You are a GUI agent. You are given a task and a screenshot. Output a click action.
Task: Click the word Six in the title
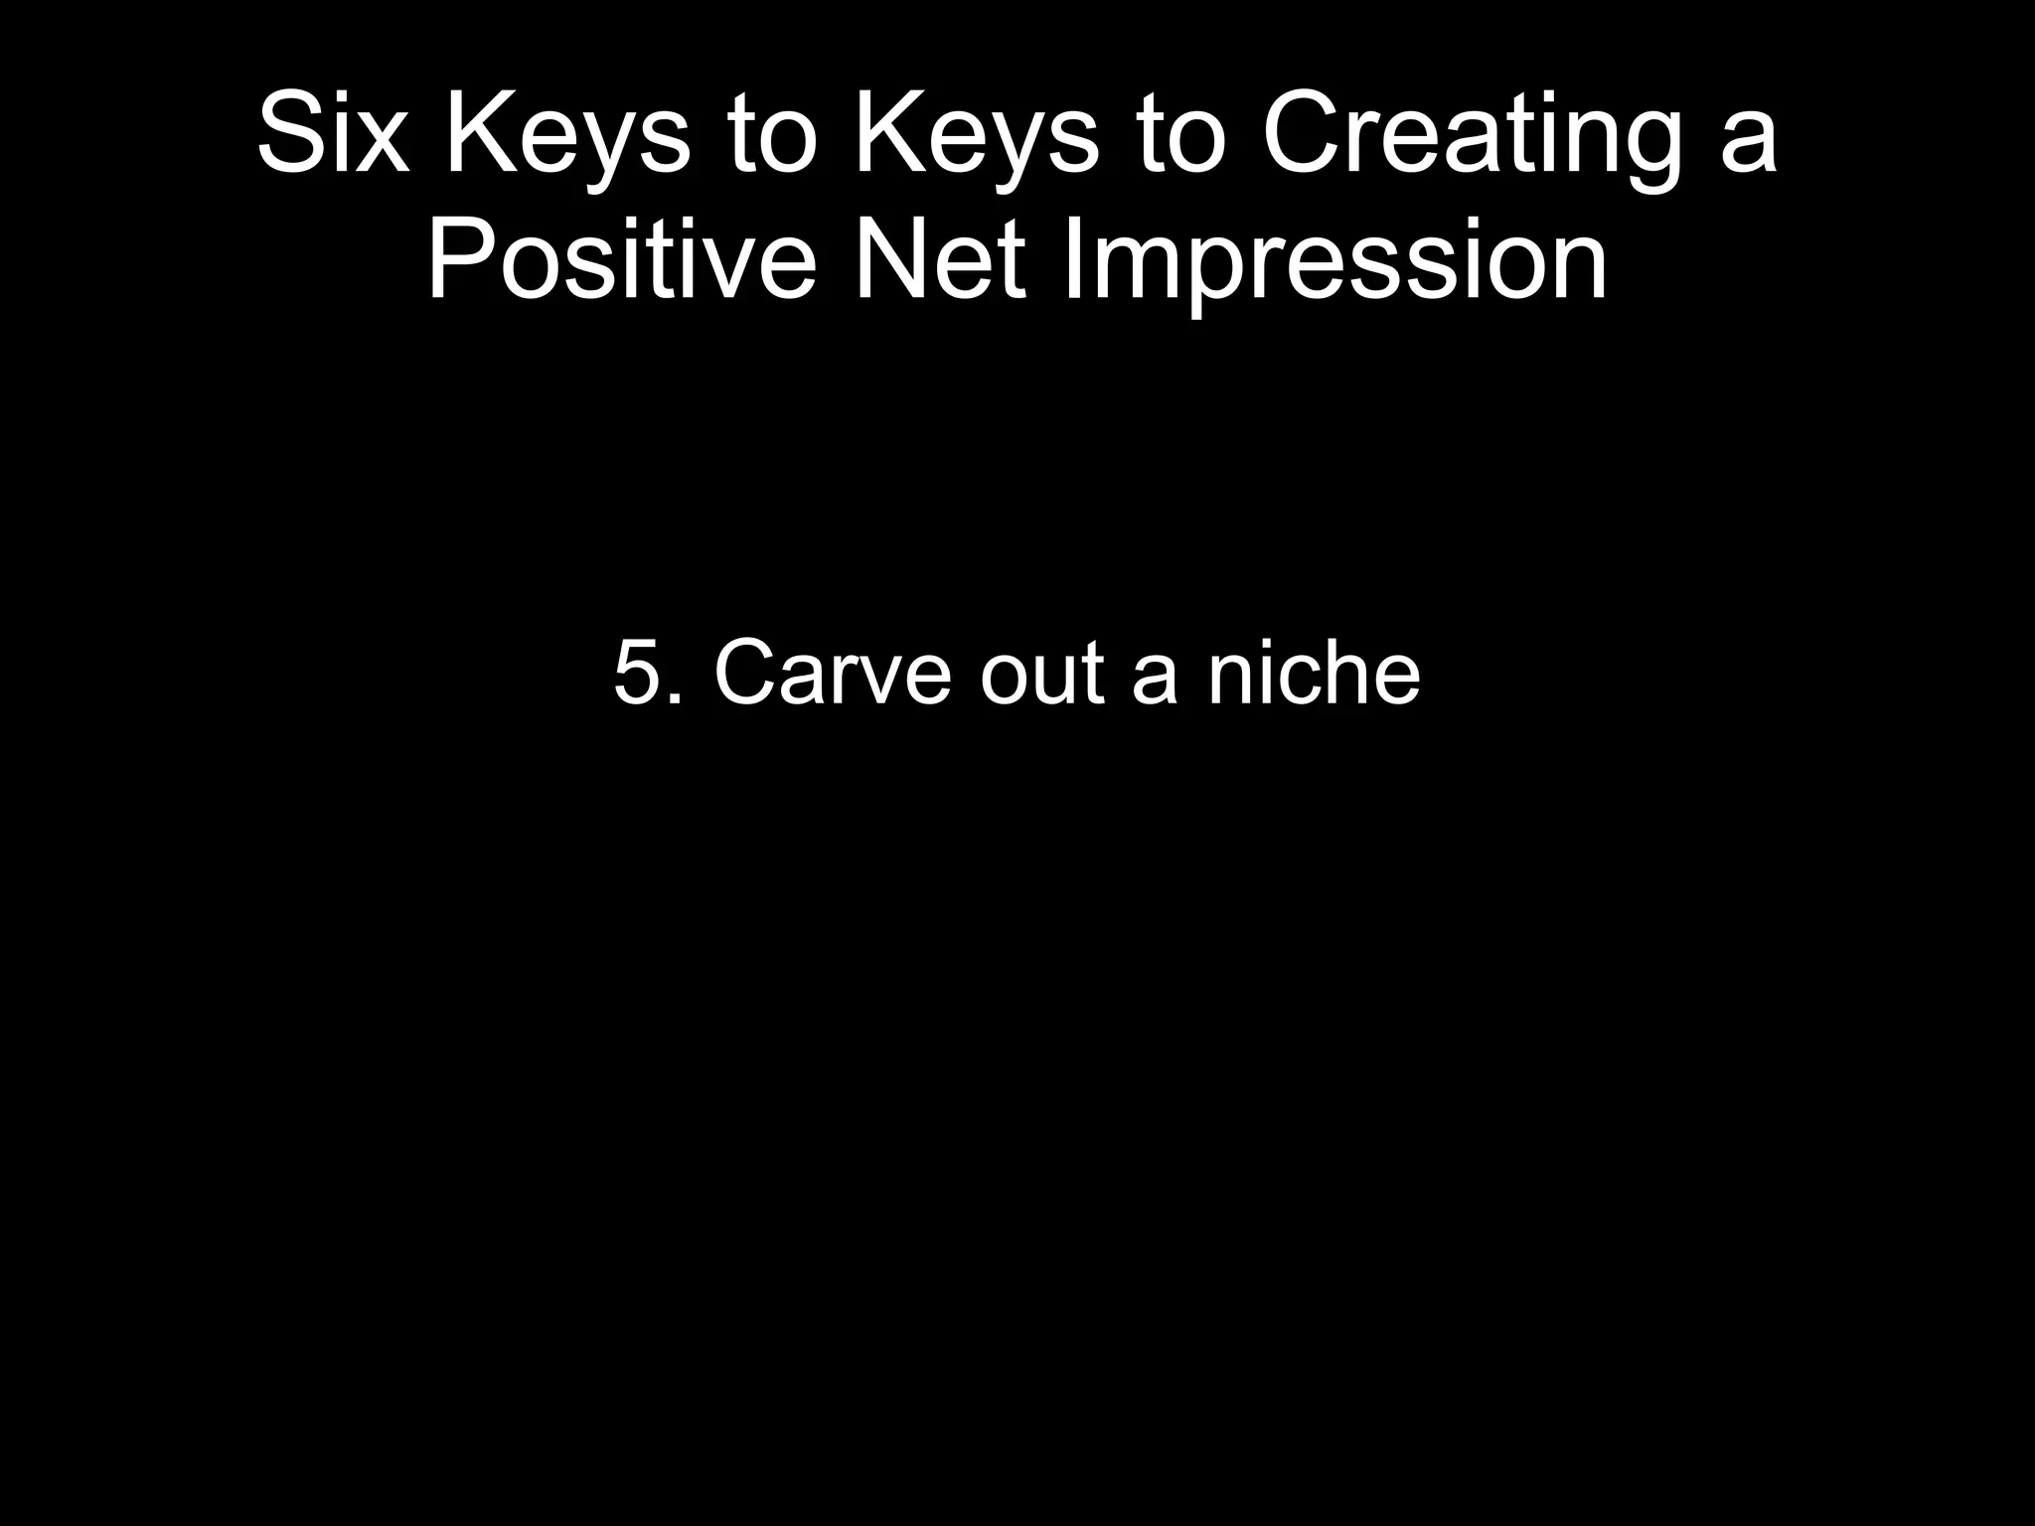[x=333, y=134]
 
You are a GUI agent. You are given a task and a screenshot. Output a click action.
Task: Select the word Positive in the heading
[x=622, y=260]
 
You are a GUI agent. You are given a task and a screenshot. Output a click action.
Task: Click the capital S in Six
[x=291, y=134]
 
